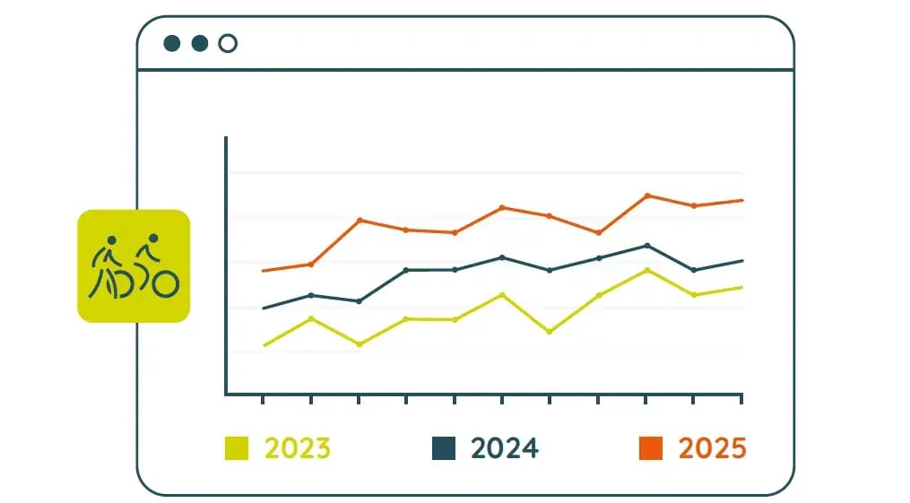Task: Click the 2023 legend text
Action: click(297, 447)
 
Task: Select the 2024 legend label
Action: click(505, 447)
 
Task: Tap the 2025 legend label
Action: click(712, 447)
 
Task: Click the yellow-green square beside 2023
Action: click(237, 447)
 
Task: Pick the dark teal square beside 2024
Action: click(444, 447)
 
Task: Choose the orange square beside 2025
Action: click(651, 447)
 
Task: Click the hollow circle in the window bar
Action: click(228, 43)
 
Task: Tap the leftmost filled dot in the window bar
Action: click(172, 43)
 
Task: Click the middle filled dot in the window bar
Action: click(200, 43)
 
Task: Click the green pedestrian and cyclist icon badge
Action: click(134, 266)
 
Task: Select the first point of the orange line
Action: click(264, 271)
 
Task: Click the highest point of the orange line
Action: click(646, 195)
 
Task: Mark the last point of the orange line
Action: click(742, 200)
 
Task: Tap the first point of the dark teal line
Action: click(264, 308)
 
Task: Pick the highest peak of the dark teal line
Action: click(646, 246)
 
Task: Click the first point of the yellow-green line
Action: click(264, 345)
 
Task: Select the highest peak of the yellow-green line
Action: click(646, 270)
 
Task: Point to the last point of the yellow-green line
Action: click(742, 287)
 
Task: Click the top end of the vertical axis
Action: click(226, 138)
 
